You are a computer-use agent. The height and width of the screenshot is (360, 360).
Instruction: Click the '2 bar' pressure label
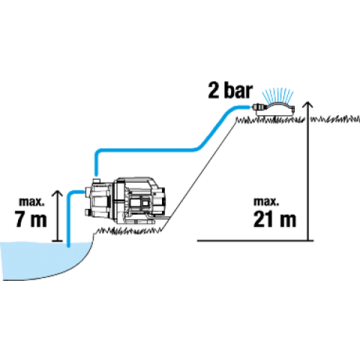[230, 91]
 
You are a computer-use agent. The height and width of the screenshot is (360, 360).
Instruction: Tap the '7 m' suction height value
[31, 219]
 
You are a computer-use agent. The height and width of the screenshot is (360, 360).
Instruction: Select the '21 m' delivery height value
[275, 219]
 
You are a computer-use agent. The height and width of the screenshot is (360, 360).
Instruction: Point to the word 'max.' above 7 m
[32, 202]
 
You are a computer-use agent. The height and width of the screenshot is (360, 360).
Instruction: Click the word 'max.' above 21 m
[266, 202]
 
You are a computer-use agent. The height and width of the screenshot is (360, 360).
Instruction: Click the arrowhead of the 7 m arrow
[57, 194]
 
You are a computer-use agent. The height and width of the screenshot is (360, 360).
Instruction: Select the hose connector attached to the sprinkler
[259, 107]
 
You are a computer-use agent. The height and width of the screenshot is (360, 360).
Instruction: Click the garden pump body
[125, 200]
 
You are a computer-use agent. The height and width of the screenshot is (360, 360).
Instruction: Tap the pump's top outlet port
[96, 181]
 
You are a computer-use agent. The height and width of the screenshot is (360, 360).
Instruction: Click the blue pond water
[44, 259]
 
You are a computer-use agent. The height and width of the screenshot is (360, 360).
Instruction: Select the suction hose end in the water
[68, 245]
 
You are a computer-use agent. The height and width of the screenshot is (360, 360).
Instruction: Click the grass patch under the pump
[128, 231]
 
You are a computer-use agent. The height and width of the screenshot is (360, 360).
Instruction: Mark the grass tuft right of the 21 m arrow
[335, 119]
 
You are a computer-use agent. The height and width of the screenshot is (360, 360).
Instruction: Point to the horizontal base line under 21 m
[256, 241]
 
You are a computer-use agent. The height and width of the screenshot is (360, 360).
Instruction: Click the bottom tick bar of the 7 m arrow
[57, 241]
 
